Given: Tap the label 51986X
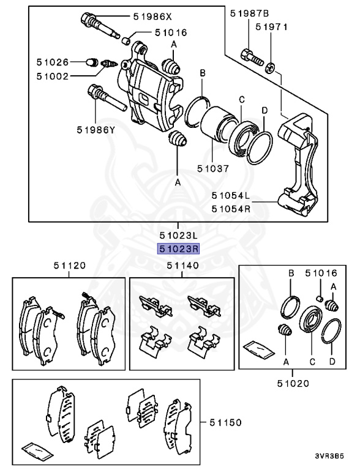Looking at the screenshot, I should pyautogui.click(x=154, y=17).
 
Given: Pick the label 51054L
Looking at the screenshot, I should pyautogui.click(x=231, y=196).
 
